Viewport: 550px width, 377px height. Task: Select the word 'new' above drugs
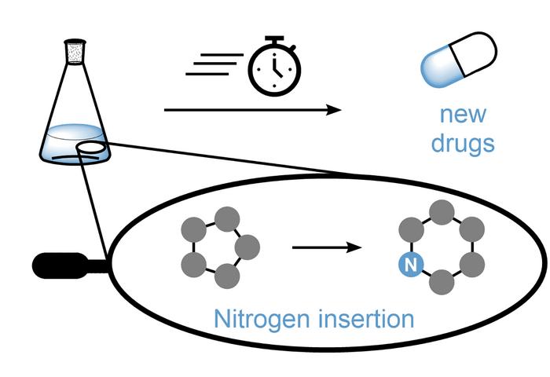(463, 115)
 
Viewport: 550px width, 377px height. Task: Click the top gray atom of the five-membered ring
(227, 216)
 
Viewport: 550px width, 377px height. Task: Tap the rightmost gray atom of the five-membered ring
(247, 247)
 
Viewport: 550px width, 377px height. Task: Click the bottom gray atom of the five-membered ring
(227, 276)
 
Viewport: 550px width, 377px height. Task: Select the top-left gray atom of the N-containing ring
(409, 229)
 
